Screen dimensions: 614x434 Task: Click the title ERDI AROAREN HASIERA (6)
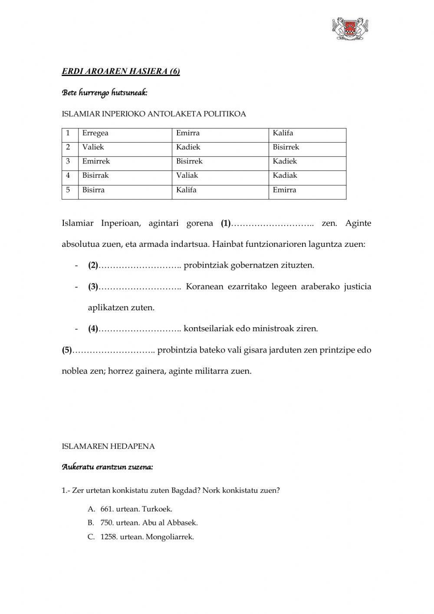(121, 72)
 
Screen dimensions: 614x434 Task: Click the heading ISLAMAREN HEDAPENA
(108, 446)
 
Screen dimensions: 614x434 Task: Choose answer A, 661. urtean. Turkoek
(136, 509)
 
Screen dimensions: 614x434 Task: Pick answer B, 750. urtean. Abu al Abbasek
(148, 523)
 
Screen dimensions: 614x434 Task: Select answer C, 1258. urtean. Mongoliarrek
(147, 537)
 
